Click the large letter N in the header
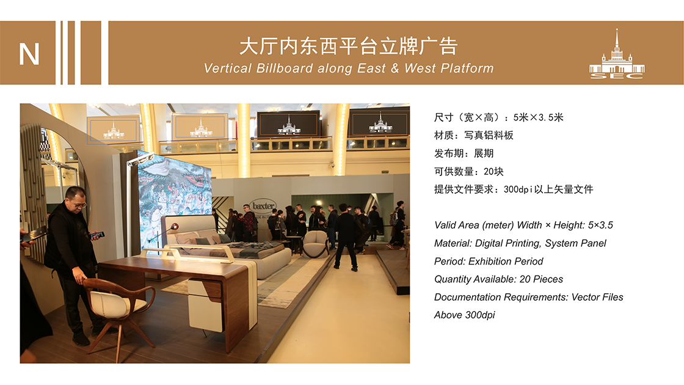[29, 54]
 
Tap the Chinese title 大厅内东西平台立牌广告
[348, 46]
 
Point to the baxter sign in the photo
[263, 205]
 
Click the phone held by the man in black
[97, 235]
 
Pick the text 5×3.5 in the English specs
[600, 226]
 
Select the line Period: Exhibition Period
[489, 262]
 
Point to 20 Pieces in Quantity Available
[541, 279]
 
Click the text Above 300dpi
[465, 315]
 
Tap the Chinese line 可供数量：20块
[469, 172]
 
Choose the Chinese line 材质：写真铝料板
[474, 135]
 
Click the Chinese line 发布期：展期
[464, 153]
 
